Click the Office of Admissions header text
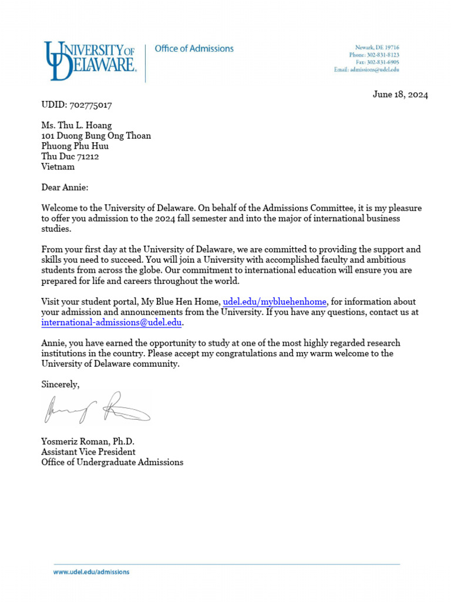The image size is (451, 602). tap(194, 49)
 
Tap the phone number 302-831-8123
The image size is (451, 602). tap(384, 55)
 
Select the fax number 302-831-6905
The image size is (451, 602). tap(385, 62)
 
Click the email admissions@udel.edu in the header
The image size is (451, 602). tap(375, 69)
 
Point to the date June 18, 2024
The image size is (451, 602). tap(400, 95)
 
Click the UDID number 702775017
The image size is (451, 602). tap(90, 105)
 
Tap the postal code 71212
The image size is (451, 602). tap(87, 156)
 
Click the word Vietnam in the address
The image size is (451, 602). tap(58, 166)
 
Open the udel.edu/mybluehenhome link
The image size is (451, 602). tap(275, 302)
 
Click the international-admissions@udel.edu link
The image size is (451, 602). tap(112, 323)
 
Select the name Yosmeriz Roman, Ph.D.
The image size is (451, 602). tap(92, 442)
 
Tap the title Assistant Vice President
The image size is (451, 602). tap(88, 452)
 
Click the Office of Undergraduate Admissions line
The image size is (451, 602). tap(112, 462)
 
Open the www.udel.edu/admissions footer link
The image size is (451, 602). tap(91, 571)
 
